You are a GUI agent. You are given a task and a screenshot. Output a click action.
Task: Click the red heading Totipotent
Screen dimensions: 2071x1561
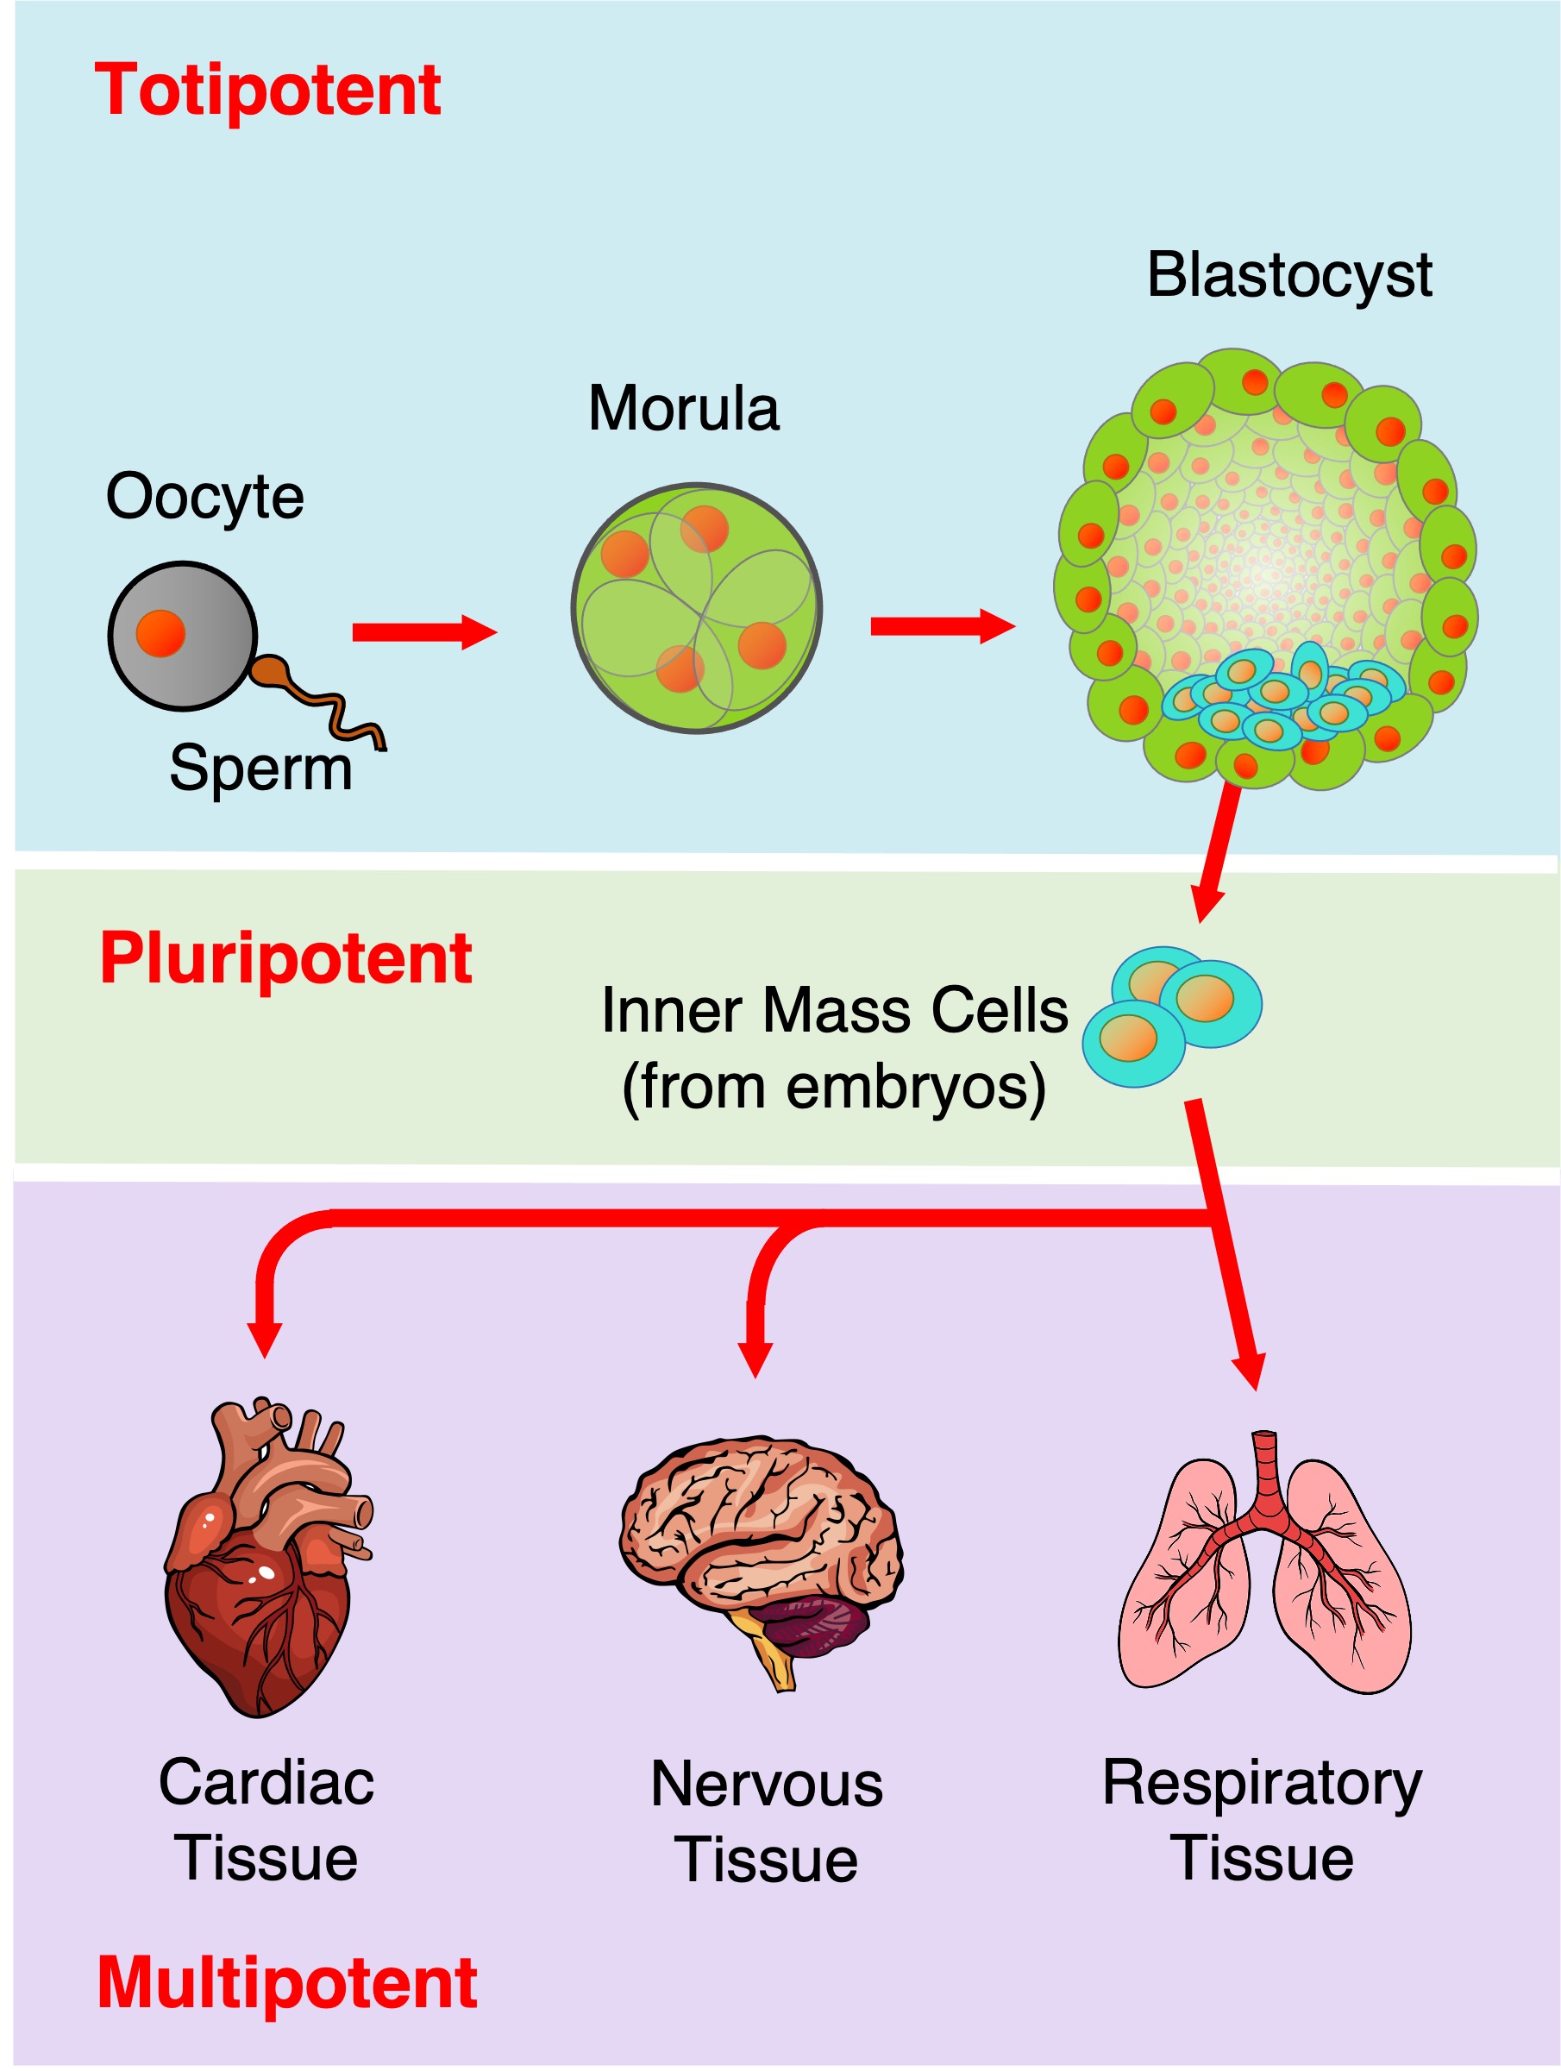coord(267,91)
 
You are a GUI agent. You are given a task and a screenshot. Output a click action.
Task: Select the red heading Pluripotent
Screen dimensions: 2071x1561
coord(285,958)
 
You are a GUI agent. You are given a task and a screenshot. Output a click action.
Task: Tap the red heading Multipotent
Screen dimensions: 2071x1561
coord(287,1983)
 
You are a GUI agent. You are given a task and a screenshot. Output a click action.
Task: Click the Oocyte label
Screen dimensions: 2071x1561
coord(204,496)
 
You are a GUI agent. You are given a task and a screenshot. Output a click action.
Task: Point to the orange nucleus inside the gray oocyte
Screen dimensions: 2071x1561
coord(160,633)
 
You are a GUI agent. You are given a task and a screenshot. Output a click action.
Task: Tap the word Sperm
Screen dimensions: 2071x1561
coord(260,768)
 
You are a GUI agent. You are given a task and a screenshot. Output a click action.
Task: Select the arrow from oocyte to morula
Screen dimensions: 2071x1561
coord(423,633)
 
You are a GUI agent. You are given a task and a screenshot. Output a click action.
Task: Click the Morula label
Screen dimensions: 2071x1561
coord(683,409)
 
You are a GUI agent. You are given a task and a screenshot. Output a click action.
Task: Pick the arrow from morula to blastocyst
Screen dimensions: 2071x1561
coord(942,625)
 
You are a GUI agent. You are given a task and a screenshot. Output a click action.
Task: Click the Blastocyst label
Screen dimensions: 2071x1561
coord(1288,275)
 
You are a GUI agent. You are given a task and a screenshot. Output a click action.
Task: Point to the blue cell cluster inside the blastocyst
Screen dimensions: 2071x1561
coord(1282,698)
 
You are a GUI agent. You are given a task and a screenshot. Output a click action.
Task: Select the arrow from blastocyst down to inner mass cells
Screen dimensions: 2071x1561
coord(1218,852)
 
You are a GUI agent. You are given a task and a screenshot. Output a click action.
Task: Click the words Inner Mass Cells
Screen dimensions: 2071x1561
coord(834,1011)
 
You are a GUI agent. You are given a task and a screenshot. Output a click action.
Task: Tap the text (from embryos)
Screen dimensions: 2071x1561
coord(834,1086)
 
